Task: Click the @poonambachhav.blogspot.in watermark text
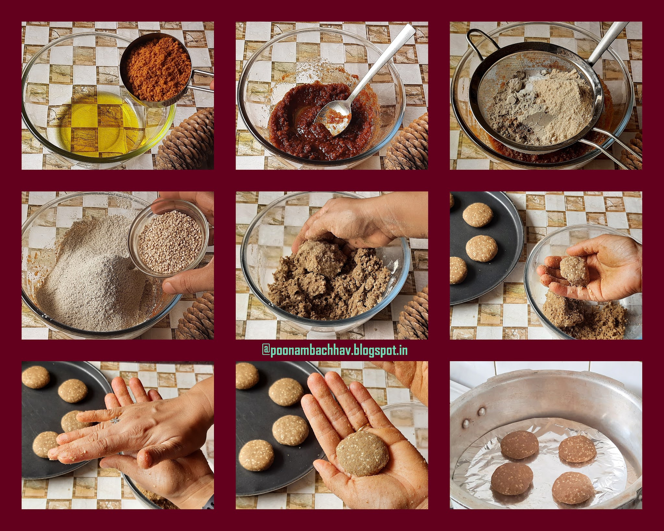point(334,350)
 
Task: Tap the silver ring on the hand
point(114,421)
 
